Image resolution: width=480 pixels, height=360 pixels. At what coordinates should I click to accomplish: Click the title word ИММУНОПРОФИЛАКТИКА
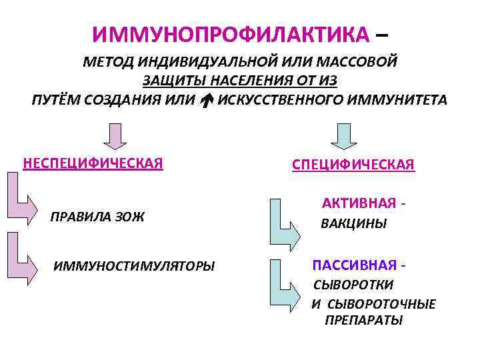230,34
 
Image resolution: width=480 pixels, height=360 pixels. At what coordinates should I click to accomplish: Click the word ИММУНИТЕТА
399,100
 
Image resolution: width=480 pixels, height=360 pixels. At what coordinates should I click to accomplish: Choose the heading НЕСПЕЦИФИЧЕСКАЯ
93,163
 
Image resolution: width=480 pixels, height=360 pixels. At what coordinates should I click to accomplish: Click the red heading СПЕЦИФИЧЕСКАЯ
353,164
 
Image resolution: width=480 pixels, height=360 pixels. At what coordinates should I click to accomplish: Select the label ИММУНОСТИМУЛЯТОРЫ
134,267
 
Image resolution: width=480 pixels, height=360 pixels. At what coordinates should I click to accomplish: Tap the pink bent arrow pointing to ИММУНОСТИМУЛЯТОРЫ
23,257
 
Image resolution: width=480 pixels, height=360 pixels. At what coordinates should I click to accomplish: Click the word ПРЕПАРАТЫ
363,321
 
